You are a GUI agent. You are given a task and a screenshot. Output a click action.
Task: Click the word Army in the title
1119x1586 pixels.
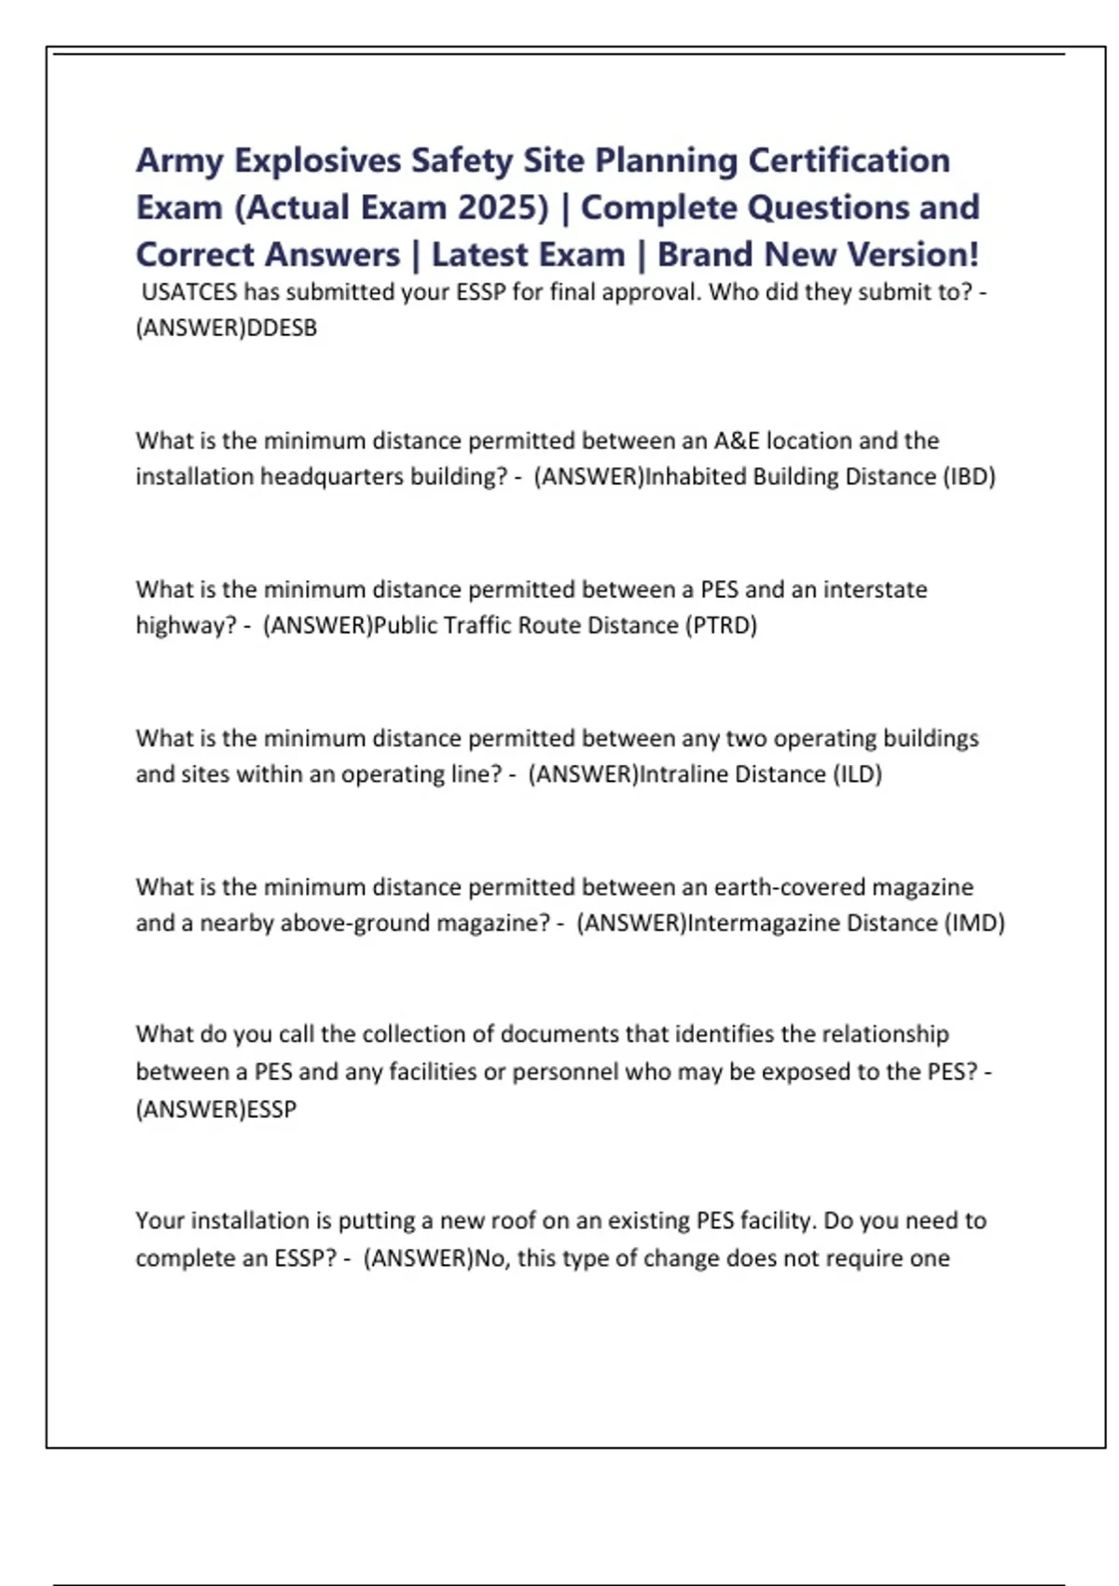(x=180, y=161)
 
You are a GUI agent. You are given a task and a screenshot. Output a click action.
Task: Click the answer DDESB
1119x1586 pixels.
(x=281, y=328)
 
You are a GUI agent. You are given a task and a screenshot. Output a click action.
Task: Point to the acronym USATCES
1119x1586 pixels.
(x=189, y=292)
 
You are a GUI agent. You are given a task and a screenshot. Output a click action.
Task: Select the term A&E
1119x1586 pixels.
(x=737, y=440)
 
